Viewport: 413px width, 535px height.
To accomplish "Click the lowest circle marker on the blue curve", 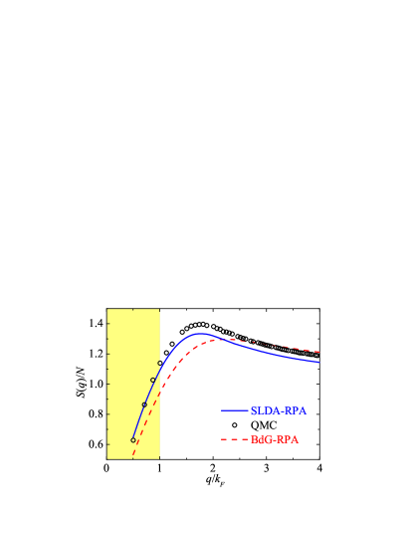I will (133, 439).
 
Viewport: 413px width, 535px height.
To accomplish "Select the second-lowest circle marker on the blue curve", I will (144, 404).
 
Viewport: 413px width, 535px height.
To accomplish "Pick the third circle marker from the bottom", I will (152, 380).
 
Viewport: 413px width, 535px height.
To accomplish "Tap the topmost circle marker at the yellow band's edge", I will (159, 363).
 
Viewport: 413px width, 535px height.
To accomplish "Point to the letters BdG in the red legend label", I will (261, 439).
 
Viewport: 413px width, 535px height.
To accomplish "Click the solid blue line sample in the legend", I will (234, 410).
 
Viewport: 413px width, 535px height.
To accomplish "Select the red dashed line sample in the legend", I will (234, 439).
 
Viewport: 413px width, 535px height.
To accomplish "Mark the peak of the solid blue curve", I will (201, 334).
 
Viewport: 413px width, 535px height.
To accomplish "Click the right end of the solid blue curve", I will (318, 363).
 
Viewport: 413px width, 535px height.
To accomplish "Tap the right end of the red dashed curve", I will (318, 352).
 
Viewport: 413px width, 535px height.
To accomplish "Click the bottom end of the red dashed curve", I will (133, 456).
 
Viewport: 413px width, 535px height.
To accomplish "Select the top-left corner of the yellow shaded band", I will (107, 309).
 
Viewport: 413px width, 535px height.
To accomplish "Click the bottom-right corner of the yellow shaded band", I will (159, 458).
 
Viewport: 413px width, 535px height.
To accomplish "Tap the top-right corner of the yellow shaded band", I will (159, 309).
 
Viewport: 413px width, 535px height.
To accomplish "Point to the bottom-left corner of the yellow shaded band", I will (107, 458).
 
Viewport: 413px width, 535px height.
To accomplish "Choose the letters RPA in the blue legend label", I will (296, 410).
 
